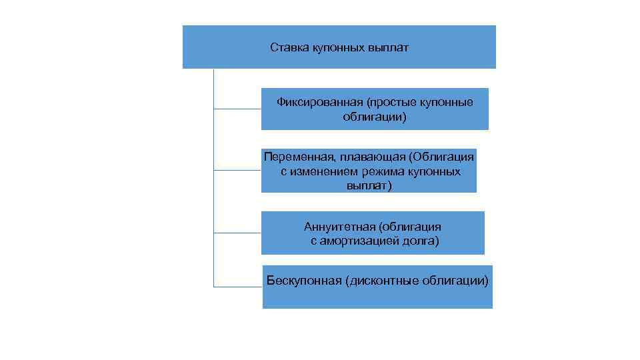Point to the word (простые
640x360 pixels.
(x=388, y=102)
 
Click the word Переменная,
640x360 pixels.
(x=299, y=157)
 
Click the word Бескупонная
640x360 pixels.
(x=304, y=279)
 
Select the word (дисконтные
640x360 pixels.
(x=381, y=279)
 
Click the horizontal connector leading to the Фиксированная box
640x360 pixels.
(x=237, y=109)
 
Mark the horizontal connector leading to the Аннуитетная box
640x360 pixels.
(x=237, y=233)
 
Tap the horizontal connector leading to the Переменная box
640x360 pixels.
(x=237, y=171)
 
